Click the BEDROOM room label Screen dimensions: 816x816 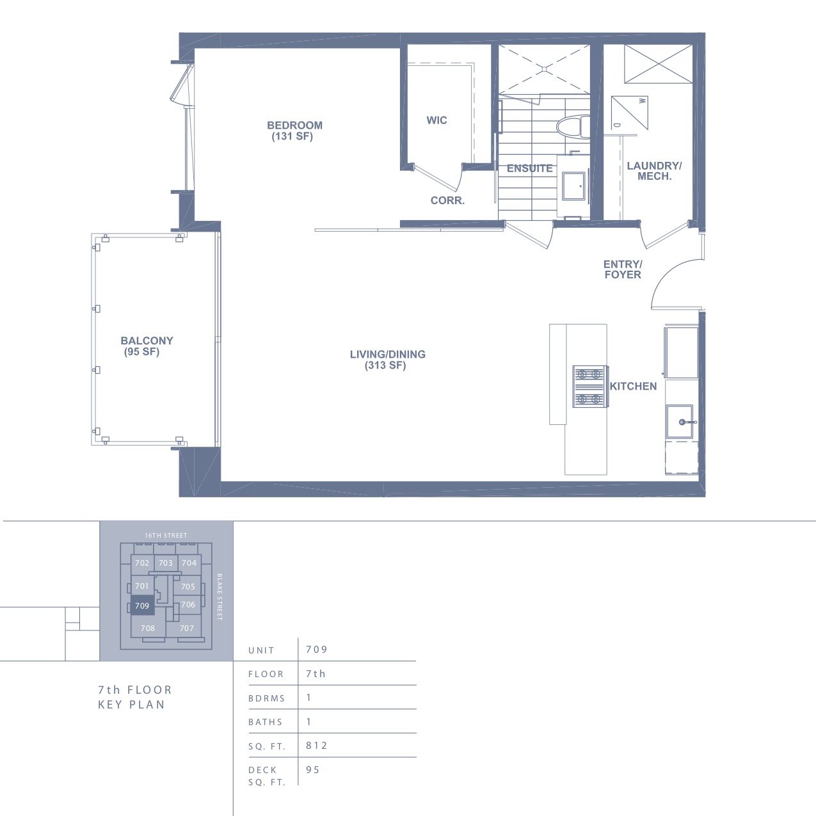pyautogui.click(x=295, y=125)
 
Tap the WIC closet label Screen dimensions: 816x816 pyautogui.click(x=436, y=120)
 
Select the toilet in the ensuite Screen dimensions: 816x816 pyautogui.click(x=573, y=127)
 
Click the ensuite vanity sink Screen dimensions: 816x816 pyautogui.click(x=573, y=186)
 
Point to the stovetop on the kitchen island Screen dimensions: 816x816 pyautogui.click(x=590, y=387)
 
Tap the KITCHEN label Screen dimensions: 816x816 pyautogui.click(x=633, y=386)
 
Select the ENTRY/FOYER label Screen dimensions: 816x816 pyautogui.click(x=623, y=269)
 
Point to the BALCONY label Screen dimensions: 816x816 pyautogui.click(x=147, y=341)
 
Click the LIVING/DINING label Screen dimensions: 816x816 pyautogui.click(x=387, y=355)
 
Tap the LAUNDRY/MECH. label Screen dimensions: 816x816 pyautogui.click(x=654, y=171)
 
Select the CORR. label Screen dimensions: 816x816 pyautogui.click(x=447, y=201)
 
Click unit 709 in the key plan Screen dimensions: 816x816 pyautogui.click(x=142, y=606)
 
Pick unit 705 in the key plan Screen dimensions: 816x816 pyautogui.click(x=188, y=586)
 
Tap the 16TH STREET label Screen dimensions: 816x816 pyautogui.click(x=166, y=535)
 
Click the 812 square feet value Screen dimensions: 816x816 pyautogui.click(x=317, y=746)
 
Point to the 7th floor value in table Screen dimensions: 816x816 pyautogui.click(x=316, y=674)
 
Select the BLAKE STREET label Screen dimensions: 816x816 pyautogui.click(x=220, y=597)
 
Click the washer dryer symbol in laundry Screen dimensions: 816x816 pyautogui.click(x=630, y=113)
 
